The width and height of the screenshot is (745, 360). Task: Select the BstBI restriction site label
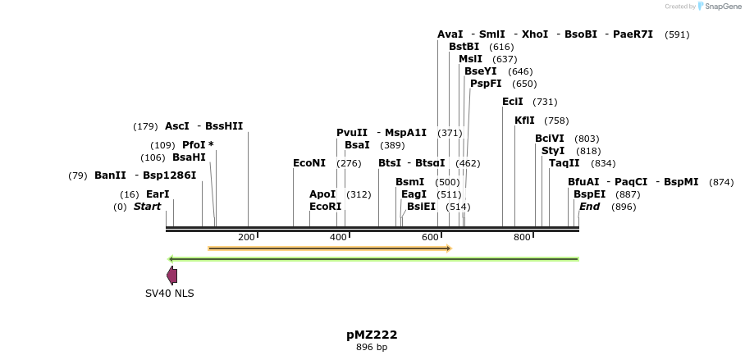point(464,47)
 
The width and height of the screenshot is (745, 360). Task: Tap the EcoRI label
point(325,207)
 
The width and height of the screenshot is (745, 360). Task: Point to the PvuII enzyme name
point(352,133)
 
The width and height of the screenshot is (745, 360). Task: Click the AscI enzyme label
point(176,126)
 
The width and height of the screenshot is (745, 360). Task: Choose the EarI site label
point(158,194)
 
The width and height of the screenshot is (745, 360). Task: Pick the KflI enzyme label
point(524,121)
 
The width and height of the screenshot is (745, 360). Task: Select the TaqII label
point(564,163)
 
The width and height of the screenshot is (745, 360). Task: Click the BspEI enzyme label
point(589,194)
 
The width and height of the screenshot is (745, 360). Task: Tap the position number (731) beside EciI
point(545,102)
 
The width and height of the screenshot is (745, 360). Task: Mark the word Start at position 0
point(147,207)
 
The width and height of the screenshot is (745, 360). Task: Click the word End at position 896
point(589,207)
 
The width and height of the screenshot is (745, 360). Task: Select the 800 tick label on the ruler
point(523,238)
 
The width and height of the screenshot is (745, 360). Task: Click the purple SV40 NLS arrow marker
point(171,276)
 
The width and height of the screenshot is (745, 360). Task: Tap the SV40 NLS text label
point(170,293)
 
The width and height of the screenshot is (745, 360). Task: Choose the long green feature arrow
point(373,259)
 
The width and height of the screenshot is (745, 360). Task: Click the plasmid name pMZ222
point(372,335)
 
